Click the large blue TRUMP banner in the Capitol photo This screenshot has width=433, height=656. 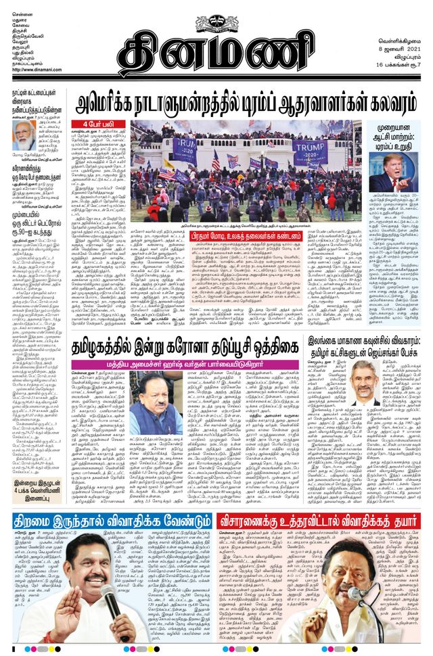click(309, 151)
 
